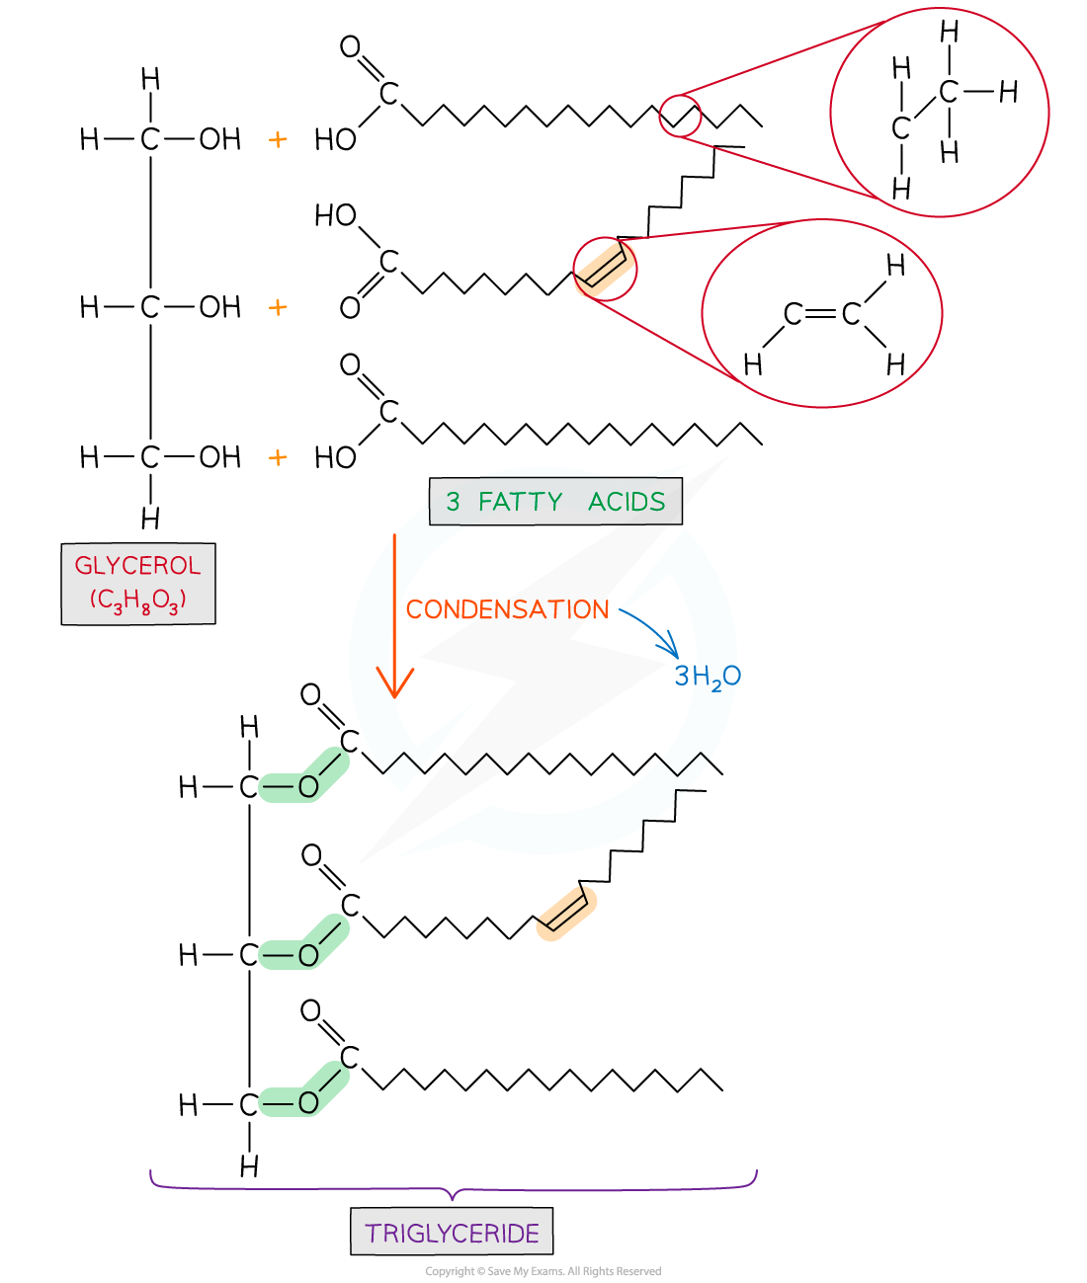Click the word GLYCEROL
pyautogui.click(x=137, y=566)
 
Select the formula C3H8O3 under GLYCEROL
pyautogui.click(x=137, y=600)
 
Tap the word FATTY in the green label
pyautogui.click(x=520, y=502)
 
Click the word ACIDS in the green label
pyautogui.click(x=627, y=502)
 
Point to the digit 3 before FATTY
pyautogui.click(x=453, y=502)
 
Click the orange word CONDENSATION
pyautogui.click(x=507, y=609)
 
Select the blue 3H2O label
pyautogui.click(x=707, y=677)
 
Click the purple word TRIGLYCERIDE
pyautogui.click(x=452, y=1233)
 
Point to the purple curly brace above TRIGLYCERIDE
pyautogui.click(x=453, y=1185)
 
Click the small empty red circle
pyautogui.click(x=680, y=116)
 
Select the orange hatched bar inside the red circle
pyautogui.click(x=605, y=268)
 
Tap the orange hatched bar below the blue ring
pyautogui.click(x=566, y=914)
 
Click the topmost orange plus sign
pyautogui.click(x=278, y=140)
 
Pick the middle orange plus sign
pyautogui.click(x=278, y=308)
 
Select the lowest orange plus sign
pyautogui.click(x=278, y=457)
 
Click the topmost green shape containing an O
pyautogui.click(x=303, y=777)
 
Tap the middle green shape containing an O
pyautogui.click(x=303, y=944)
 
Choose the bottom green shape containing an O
pyautogui.click(x=303, y=1091)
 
